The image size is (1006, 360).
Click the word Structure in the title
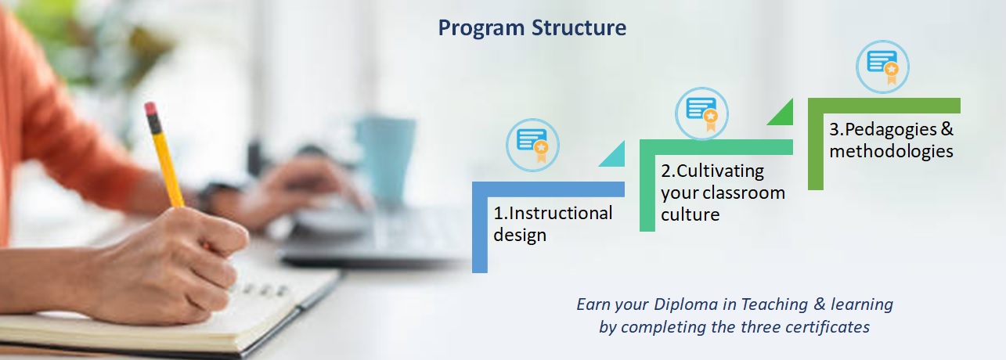[x=579, y=27]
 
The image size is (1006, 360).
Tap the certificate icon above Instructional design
[x=532, y=145]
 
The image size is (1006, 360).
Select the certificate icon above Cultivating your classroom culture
[x=701, y=113]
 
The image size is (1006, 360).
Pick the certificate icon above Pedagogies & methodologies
[x=882, y=67]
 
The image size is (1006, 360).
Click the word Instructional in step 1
[x=561, y=213]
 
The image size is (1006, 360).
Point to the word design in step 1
[x=520, y=235]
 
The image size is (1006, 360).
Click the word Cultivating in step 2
[x=720, y=171]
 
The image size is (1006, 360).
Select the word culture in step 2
[x=690, y=214]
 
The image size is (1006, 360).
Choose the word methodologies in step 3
[x=891, y=151]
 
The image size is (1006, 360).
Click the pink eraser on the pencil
[x=150, y=109]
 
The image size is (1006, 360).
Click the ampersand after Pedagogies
[x=947, y=129]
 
